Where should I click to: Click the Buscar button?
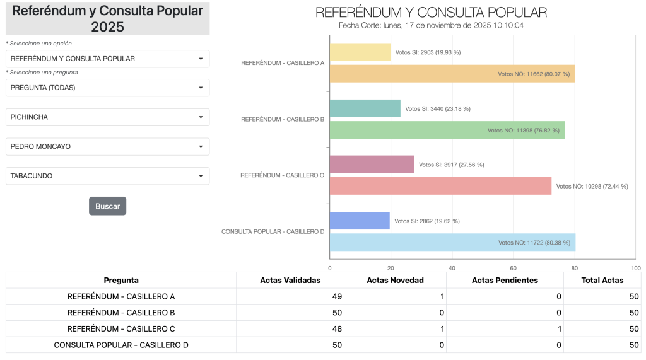click(107, 206)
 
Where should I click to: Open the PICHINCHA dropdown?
click(107, 117)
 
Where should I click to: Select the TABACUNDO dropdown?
click(107, 176)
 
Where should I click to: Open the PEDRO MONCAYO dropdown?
click(107, 146)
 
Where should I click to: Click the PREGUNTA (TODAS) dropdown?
click(107, 88)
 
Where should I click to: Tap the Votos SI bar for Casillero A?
click(360, 52)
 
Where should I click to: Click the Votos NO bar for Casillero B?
click(447, 131)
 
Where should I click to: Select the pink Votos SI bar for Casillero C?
click(372, 165)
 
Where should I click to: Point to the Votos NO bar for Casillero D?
click(452, 243)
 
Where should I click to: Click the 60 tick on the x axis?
click(514, 267)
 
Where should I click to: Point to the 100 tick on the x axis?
click(635, 267)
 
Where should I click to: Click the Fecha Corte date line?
click(431, 25)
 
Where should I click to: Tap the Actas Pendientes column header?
click(505, 281)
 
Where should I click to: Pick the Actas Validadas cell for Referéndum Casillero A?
click(290, 296)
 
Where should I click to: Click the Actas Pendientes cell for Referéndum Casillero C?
click(505, 329)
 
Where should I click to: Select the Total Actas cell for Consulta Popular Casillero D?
click(602, 345)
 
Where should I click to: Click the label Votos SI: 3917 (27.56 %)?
click(452, 165)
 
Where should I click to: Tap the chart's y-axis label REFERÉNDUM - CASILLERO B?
click(283, 119)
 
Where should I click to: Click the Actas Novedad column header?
click(395, 281)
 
